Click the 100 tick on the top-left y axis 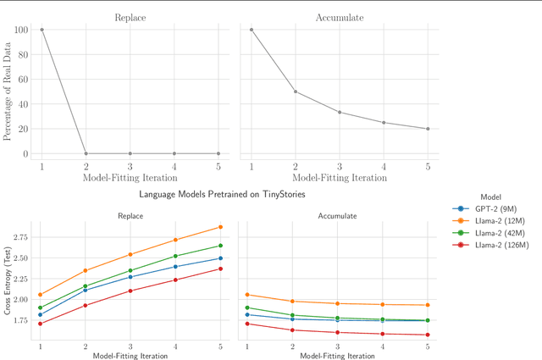pyautogui.click(x=22, y=30)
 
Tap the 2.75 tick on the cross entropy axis pyautogui.click(x=19, y=237)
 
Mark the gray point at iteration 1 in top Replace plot pyautogui.click(x=41, y=30)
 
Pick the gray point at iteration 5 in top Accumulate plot pyautogui.click(x=428, y=129)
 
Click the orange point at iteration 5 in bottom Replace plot pyautogui.click(x=220, y=227)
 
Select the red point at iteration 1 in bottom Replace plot pyautogui.click(x=41, y=324)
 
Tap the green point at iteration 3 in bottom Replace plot pyautogui.click(x=130, y=271)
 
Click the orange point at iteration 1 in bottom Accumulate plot pyautogui.click(x=247, y=295)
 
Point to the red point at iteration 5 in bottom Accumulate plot pyautogui.click(x=428, y=335)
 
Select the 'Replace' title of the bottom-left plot pyautogui.click(x=130, y=216)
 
